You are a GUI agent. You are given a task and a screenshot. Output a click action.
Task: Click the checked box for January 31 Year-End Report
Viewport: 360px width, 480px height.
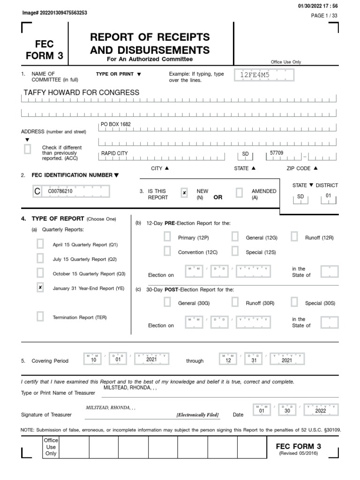(x=40, y=288)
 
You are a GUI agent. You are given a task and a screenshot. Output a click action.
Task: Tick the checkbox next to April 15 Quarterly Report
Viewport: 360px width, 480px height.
(x=40, y=244)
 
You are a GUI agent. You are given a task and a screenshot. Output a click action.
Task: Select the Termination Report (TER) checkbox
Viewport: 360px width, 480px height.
(x=40, y=317)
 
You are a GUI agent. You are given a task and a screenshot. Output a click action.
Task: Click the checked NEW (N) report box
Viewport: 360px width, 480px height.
(x=184, y=192)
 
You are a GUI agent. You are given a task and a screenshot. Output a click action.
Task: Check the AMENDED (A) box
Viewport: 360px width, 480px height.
(x=239, y=192)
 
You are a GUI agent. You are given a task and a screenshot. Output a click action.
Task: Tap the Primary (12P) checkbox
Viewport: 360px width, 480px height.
(x=167, y=237)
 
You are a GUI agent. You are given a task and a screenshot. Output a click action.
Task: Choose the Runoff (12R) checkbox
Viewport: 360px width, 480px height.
(x=294, y=237)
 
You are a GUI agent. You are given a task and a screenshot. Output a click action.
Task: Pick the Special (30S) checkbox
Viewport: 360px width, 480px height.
(x=294, y=302)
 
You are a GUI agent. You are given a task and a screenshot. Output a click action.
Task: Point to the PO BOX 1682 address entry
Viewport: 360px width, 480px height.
(x=116, y=124)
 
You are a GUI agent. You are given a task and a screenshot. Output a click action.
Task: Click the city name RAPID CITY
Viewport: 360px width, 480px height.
(x=114, y=153)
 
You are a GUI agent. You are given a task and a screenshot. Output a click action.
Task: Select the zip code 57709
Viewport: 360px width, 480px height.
(x=277, y=153)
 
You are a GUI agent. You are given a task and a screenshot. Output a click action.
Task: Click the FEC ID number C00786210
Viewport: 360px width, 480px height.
(x=60, y=192)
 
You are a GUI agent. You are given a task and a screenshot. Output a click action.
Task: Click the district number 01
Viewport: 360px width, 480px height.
(x=328, y=196)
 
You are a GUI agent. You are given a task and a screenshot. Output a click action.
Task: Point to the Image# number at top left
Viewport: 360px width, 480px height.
(x=54, y=13)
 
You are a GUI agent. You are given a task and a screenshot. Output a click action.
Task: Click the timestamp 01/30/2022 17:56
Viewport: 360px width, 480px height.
(x=317, y=5)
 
